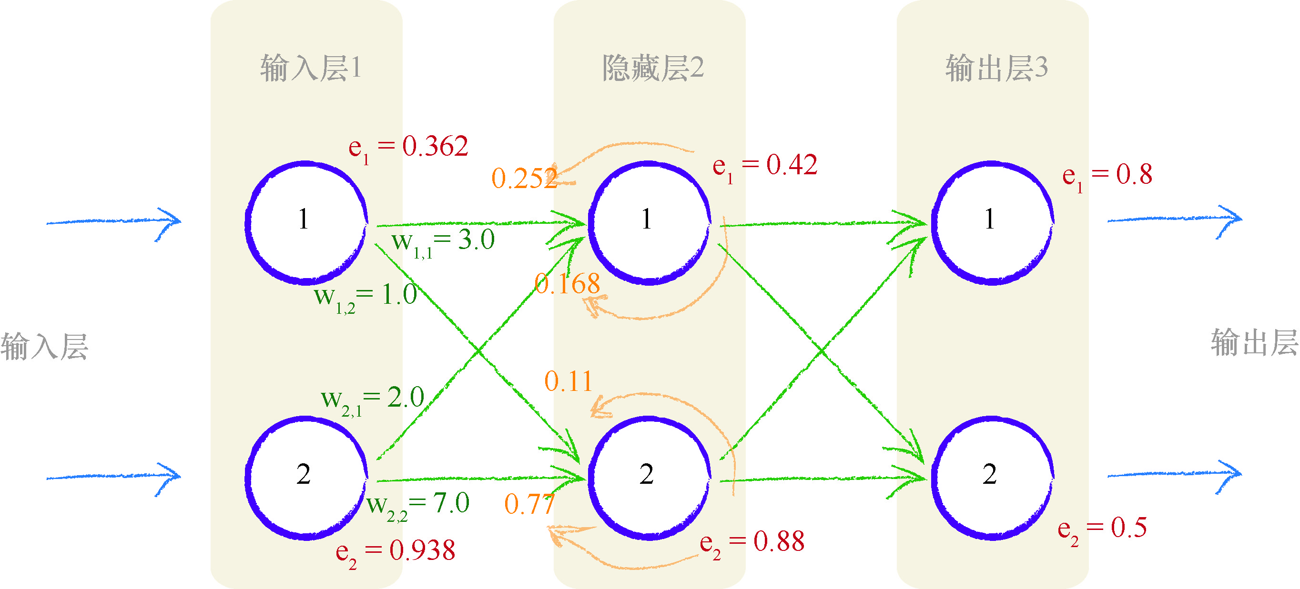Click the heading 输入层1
tap(310, 68)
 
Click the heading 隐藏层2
tap(652, 68)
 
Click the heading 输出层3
tap(996, 68)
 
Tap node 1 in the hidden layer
tap(649, 222)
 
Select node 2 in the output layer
tap(992, 478)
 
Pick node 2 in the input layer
tap(305, 478)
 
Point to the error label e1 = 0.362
tap(408, 148)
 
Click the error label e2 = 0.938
tap(395, 551)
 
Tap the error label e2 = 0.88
tap(752, 543)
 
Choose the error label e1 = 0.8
tap(1107, 176)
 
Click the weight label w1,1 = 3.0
tap(443, 242)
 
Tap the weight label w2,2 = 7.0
tap(418, 505)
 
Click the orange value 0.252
tap(524, 179)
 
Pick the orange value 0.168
tap(567, 283)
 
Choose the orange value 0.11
tap(568, 381)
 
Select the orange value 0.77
tap(529, 504)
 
